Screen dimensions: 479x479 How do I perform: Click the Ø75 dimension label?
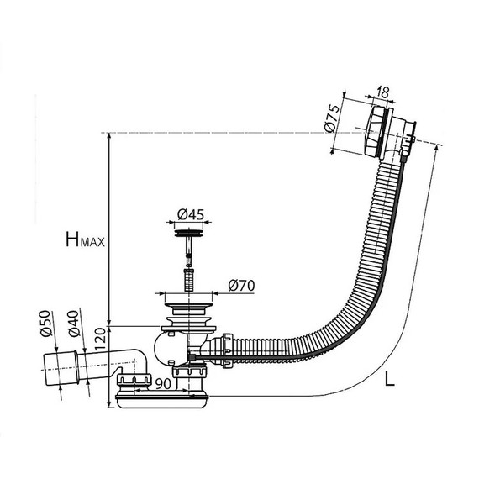333,118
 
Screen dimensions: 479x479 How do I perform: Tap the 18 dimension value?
382,92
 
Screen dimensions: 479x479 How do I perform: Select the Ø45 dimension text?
191,214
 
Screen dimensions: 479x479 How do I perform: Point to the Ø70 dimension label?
241,286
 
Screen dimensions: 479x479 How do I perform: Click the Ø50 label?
45,324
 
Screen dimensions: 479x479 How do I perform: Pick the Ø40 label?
74,324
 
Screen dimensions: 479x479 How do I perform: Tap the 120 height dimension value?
100,340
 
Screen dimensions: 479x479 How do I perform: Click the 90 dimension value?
163,384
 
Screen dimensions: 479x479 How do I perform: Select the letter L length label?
389,379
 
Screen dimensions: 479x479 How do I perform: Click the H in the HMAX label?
72,239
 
